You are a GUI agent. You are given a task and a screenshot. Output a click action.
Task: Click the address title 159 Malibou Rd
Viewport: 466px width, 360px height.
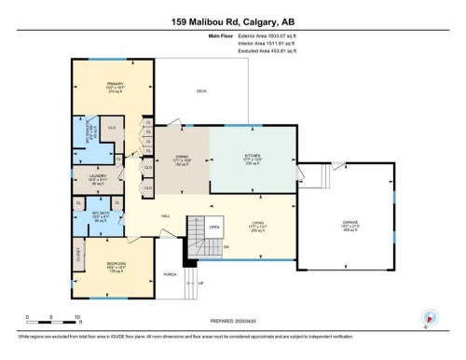tap(233, 20)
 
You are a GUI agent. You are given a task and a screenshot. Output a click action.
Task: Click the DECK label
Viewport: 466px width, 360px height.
tap(200, 90)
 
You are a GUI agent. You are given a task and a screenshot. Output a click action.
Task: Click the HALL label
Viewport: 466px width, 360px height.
tap(164, 215)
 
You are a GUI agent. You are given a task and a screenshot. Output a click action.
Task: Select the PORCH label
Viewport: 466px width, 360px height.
tap(170, 274)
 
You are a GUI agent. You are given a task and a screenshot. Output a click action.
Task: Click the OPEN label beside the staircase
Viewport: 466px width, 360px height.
tap(214, 227)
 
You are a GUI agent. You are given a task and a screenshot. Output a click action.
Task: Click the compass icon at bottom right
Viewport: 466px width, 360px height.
tap(430, 317)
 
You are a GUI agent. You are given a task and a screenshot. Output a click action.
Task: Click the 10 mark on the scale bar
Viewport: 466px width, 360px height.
tap(76, 316)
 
